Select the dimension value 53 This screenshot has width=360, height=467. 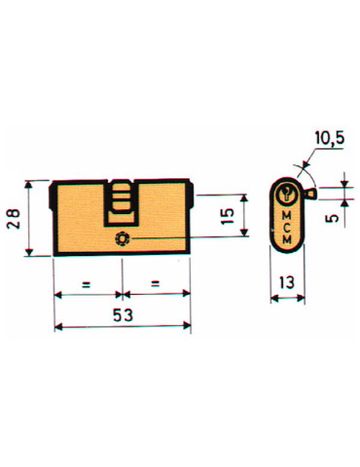[x=123, y=315]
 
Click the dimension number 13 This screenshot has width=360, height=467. [x=286, y=283]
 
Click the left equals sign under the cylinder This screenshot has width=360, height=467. [x=87, y=285]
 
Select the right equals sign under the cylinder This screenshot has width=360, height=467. [x=155, y=285]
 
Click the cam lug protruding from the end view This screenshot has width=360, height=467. [x=309, y=196]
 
